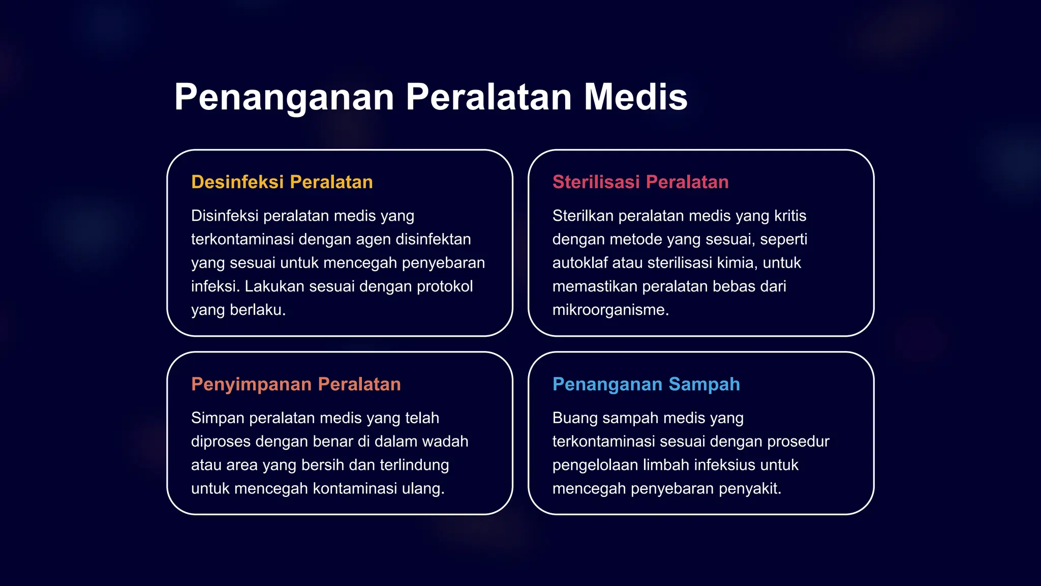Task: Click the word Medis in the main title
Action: (x=635, y=97)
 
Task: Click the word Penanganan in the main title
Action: (x=284, y=97)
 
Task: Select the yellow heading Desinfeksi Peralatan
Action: (x=282, y=182)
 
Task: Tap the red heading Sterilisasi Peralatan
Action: (x=640, y=182)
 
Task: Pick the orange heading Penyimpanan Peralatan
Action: (x=296, y=384)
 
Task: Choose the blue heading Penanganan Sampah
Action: (x=646, y=384)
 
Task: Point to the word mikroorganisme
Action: (x=610, y=309)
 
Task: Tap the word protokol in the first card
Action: (x=445, y=286)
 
